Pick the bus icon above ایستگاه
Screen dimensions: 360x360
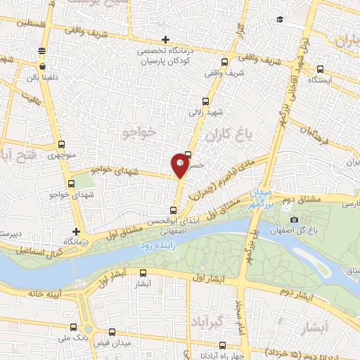point(321,69)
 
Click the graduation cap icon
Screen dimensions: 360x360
point(280,20)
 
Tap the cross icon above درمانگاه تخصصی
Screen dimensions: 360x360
point(165,39)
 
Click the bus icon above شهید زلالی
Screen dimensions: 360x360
point(205,101)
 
